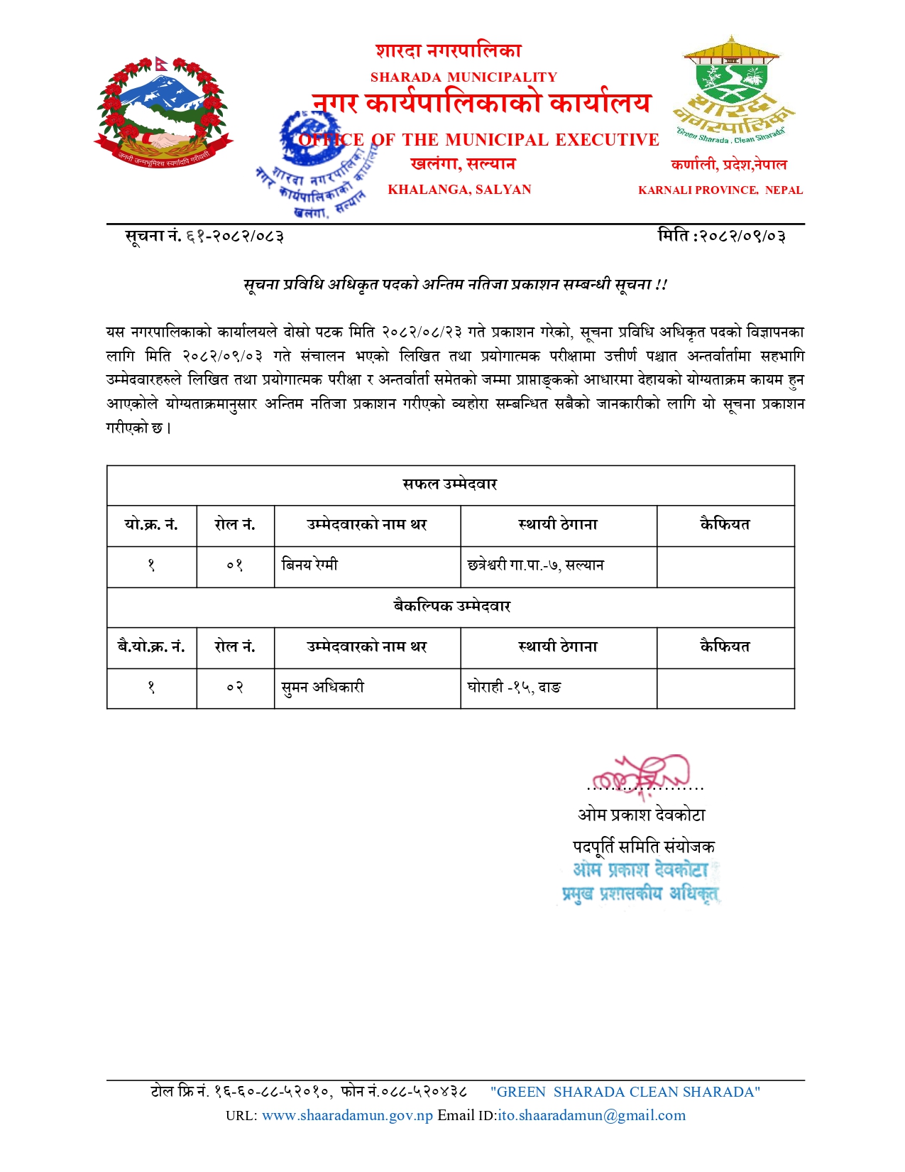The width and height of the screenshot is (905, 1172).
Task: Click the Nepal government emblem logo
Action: [x=164, y=112]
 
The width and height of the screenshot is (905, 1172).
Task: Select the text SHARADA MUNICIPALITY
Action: [x=464, y=77]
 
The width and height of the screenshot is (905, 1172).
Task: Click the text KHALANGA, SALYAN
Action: [x=459, y=190]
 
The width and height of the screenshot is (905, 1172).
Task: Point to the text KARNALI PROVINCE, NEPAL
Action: [x=720, y=190]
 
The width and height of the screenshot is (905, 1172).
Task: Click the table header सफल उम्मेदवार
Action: [x=450, y=484]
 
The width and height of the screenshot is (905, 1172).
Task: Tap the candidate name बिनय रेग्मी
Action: [x=310, y=565]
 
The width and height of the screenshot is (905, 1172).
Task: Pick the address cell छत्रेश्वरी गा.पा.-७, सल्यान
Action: [x=536, y=565]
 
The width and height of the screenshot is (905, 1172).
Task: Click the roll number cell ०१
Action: [x=235, y=565]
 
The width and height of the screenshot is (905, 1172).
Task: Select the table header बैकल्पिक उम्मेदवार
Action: [x=452, y=607]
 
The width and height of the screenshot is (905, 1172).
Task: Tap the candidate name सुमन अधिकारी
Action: [x=323, y=688]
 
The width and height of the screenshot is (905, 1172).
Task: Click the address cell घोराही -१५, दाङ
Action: [x=515, y=688]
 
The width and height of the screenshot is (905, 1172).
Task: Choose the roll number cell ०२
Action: [x=235, y=688]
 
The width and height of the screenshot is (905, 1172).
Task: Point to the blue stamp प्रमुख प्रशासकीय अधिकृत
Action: [x=640, y=894]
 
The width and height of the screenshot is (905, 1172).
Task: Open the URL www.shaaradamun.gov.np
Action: [x=347, y=1115]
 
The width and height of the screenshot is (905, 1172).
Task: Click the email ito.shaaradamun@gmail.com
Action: [x=592, y=1115]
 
